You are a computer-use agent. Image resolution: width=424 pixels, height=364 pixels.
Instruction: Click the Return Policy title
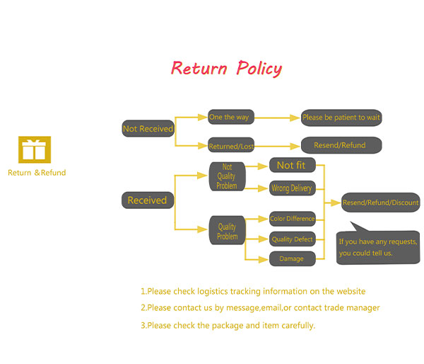pyautogui.click(x=226, y=69)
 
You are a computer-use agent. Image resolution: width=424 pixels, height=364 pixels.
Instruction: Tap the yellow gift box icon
pyautogui.click(x=35, y=150)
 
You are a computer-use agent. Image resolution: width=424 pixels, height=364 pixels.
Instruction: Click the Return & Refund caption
pyautogui.click(x=37, y=173)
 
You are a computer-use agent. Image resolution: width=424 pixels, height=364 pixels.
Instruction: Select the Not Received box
pyautogui.click(x=148, y=129)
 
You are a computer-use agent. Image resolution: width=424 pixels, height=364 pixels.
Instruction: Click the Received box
pyautogui.click(x=147, y=200)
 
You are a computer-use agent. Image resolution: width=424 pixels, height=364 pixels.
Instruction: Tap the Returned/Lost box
pyautogui.click(x=231, y=146)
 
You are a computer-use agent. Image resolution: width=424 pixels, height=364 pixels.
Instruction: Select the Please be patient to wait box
pyautogui.click(x=341, y=118)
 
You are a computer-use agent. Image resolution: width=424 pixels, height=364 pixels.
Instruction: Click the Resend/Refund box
pyautogui.click(x=341, y=145)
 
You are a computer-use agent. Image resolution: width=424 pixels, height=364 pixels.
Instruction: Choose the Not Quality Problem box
pyautogui.click(x=227, y=176)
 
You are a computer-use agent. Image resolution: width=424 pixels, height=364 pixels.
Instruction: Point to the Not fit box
pyautogui.click(x=292, y=165)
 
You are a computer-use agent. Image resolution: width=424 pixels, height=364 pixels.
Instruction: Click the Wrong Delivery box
pyautogui.click(x=292, y=188)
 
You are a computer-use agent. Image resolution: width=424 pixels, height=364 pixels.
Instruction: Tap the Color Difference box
pyautogui.click(x=292, y=219)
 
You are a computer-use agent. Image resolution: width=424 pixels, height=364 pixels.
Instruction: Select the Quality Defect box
pyautogui.click(x=292, y=239)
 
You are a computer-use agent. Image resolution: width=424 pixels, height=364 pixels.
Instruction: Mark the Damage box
pyautogui.click(x=291, y=258)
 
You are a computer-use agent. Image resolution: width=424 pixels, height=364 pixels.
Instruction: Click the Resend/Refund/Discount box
pyautogui.click(x=380, y=203)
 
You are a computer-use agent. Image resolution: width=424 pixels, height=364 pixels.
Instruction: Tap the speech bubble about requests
pyautogui.click(x=377, y=247)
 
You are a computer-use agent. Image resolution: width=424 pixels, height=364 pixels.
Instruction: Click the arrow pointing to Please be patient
pyautogui.click(x=279, y=118)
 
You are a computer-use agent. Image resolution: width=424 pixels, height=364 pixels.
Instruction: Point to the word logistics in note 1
pyautogui.click(x=216, y=291)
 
